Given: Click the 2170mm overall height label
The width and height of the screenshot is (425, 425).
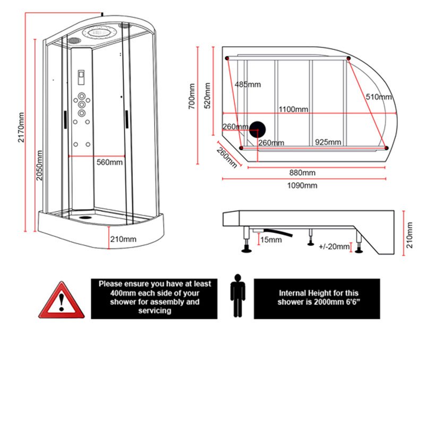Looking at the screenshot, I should tap(21, 127).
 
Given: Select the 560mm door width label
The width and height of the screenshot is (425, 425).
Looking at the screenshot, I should tap(110, 162).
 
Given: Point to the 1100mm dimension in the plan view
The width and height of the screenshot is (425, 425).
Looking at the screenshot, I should tap(293, 109).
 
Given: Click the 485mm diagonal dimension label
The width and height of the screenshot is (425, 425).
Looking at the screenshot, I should tap(247, 84).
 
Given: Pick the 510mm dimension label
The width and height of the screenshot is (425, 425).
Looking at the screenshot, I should tap(378, 97).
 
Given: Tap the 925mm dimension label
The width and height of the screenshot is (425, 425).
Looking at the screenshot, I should tap(328, 142).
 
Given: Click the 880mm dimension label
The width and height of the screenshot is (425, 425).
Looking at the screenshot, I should tap(302, 173).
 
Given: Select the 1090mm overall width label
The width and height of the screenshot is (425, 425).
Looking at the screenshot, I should tap(302, 185).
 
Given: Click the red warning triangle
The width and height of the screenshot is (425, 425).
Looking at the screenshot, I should tap(61, 301).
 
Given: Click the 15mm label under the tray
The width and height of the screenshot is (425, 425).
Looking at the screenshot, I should tap(271, 240).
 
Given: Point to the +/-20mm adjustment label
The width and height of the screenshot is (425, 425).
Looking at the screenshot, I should tap(334, 246).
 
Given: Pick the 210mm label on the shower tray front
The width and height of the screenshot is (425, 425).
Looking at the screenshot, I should tap(123, 239).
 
